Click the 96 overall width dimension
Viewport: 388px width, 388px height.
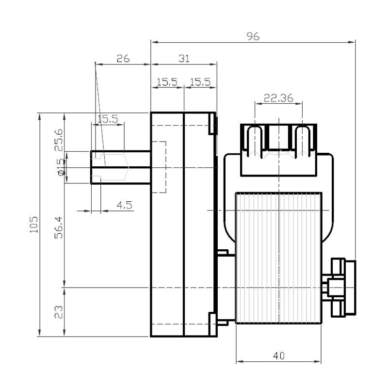pos(253,36)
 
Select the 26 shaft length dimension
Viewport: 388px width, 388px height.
pos(123,59)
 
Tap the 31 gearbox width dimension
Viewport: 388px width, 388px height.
pos(184,59)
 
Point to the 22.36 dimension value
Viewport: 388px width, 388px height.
pos(278,98)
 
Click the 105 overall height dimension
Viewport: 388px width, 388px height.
pos(34,225)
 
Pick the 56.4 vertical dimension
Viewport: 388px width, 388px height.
pos(59,227)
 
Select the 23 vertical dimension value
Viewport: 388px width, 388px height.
pos(59,312)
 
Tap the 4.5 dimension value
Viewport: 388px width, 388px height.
pos(125,205)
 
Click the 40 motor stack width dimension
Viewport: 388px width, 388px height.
pos(278,356)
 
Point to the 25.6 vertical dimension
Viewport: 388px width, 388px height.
pos(59,140)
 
